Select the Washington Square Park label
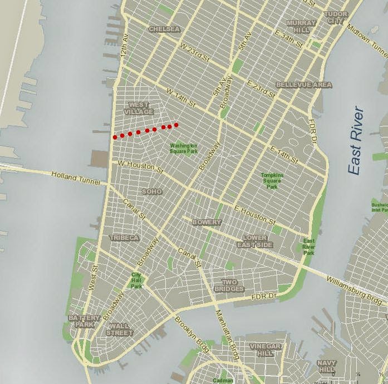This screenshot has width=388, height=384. (x=184, y=148)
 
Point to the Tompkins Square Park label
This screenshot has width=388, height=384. (x=272, y=181)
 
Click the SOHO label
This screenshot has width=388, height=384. (x=152, y=191)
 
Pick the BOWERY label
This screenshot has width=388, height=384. (x=207, y=222)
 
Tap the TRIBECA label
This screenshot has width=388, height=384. (x=124, y=238)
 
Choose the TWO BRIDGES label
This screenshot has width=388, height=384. (x=233, y=285)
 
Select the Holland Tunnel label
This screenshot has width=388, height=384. (x=76, y=178)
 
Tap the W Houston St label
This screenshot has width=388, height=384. (x=140, y=166)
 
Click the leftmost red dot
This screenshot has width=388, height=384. (x=115, y=136)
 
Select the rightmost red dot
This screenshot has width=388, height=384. (x=176, y=125)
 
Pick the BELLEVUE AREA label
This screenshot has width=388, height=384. (x=304, y=85)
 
